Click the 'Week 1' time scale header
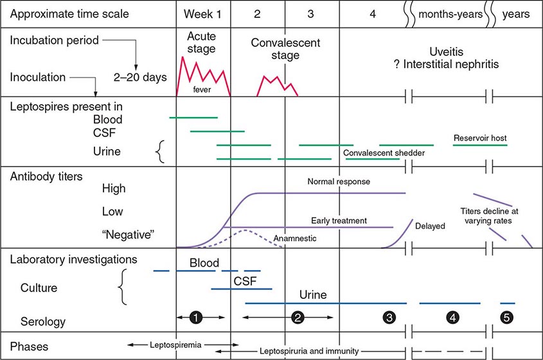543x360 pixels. coord(203,14)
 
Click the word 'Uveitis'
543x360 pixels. coord(448,53)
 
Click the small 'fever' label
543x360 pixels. coord(202,90)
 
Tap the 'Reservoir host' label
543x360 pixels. coord(479,138)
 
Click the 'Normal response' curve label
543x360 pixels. coord(339,182)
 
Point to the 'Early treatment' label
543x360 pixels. coord(339,221)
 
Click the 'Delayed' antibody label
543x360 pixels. coord(429,226)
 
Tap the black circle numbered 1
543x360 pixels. coord(196,316)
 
